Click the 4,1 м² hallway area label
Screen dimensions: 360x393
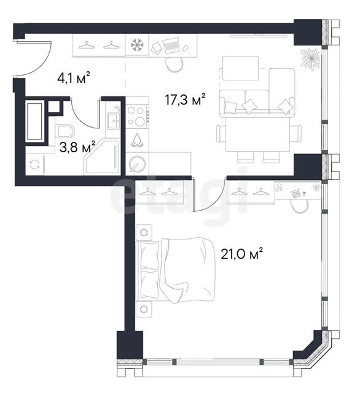(x=74, y=77)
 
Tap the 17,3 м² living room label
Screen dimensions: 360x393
(x=186, y=99)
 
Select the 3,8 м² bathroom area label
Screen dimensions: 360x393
(x=77, y=147)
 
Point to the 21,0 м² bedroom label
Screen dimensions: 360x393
(x=241, y=254)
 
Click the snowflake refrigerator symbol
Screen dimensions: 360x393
(x=137, y=45)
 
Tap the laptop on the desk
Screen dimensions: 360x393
(x=170, y=45)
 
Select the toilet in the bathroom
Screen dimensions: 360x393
(x=65, y=131)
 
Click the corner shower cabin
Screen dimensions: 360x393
(x=101, y=157)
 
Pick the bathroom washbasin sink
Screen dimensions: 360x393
(x=114, y=121)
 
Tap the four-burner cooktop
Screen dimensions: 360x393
(x=137, y=116)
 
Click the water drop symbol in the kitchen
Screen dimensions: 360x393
(x=137, y=141)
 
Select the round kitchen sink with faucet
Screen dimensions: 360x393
(x=137, y=164)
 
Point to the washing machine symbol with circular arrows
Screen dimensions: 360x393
(x=34, y=165)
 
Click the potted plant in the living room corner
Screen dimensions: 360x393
(x=310, y=59)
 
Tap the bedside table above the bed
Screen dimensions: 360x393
(x=144, y=233)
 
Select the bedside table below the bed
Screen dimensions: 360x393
(x=144, y=309)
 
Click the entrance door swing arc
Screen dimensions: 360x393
(x=42, y=65)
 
